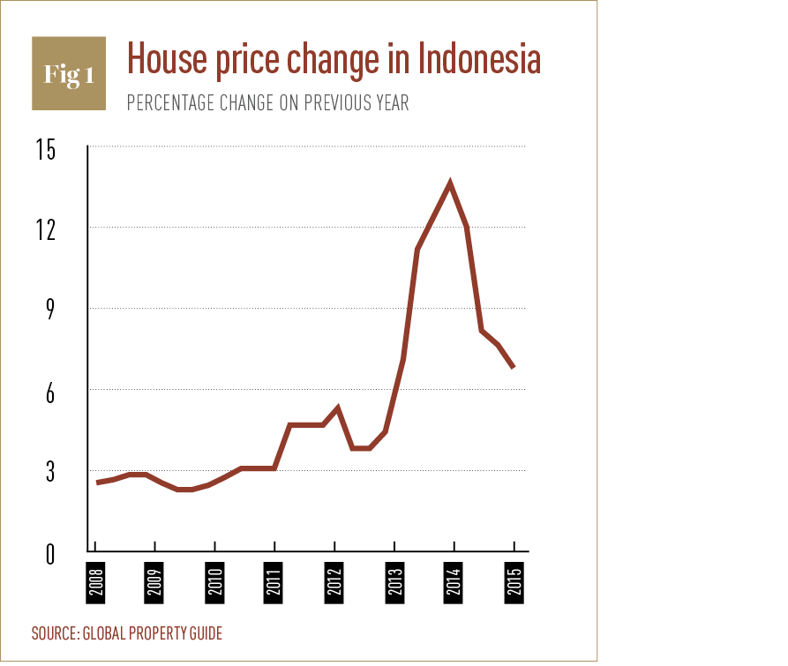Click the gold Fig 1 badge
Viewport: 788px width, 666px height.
[x=69, y=73]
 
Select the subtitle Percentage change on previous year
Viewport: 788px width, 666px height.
[x=267, y=102]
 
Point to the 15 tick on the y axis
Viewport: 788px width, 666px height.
[x=45, y=150]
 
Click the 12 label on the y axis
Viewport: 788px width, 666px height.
[x=45, y=230]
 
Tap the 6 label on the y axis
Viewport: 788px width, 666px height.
[x=49, y=393]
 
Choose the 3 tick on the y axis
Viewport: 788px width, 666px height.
[x=49, y=474]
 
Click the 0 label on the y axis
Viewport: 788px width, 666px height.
[x=49, y=554]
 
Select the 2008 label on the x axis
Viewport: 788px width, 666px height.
[x=94, y=582]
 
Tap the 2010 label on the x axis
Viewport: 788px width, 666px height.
[x=214, y=582]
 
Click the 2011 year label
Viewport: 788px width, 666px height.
[x=274, y=582]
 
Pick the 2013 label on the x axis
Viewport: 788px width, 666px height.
[x=394, y=582]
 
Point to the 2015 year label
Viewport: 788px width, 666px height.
[x=514, y=582]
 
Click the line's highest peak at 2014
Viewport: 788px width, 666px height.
[x=451, y=183]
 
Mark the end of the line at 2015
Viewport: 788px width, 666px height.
[x=514, y=366]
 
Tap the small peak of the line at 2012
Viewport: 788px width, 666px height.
[x=337, y=408]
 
